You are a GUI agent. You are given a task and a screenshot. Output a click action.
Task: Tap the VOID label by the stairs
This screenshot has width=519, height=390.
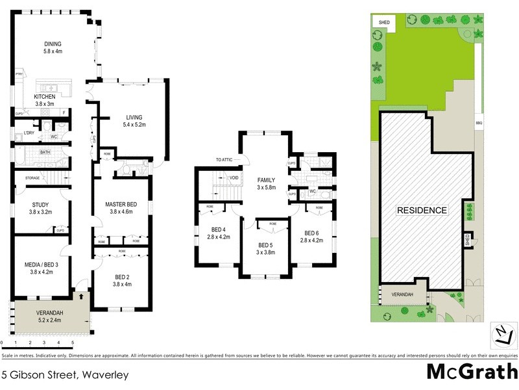tap(234, 177)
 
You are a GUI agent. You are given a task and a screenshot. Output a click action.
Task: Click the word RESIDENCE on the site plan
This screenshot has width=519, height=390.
tap(422, 210)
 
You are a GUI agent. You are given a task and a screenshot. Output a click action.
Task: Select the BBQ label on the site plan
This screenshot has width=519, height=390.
tap(479, 122)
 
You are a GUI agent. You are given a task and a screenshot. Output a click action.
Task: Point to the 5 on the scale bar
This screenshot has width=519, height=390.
tap(73, 342)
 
